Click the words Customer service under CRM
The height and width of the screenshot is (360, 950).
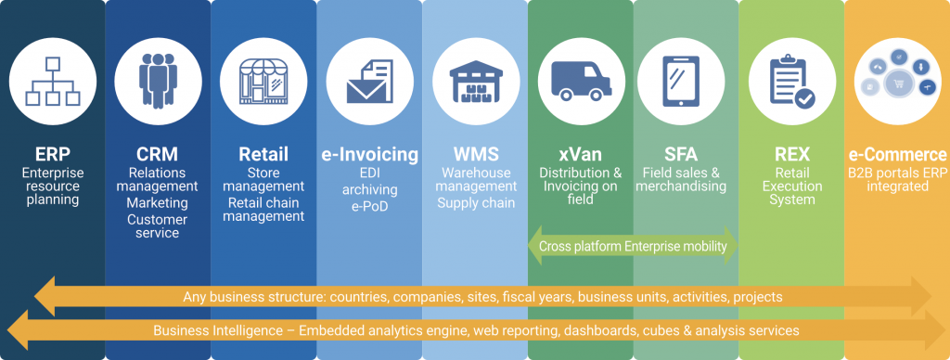(158, 225)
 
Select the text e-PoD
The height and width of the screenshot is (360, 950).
(369, 206)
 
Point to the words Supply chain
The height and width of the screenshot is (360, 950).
(475, 202)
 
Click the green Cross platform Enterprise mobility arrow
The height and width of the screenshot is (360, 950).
(633, 245)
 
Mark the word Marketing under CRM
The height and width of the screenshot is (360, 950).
(158, 202)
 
